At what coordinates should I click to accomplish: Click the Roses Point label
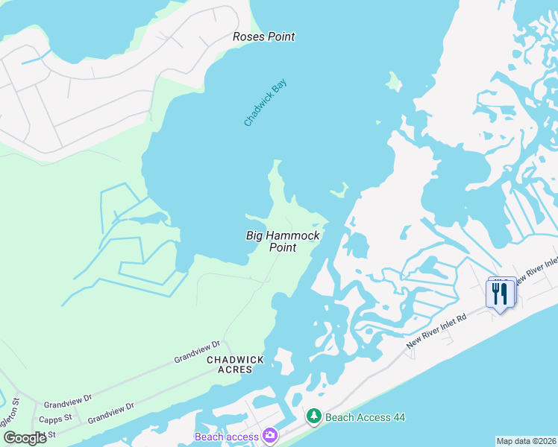(x=263, y=37)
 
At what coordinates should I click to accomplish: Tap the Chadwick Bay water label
(x=265, y=103)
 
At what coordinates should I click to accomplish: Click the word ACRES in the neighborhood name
(x=236, y=370)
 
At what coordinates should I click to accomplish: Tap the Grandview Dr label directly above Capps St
(x=66, y=400)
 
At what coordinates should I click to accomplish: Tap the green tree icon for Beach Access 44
(x=314, y=416)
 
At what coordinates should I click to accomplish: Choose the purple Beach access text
(x=227, y=437)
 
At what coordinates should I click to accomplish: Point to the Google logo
(x=25, y=437)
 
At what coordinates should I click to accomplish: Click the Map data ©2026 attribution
(x=526, y=441)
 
